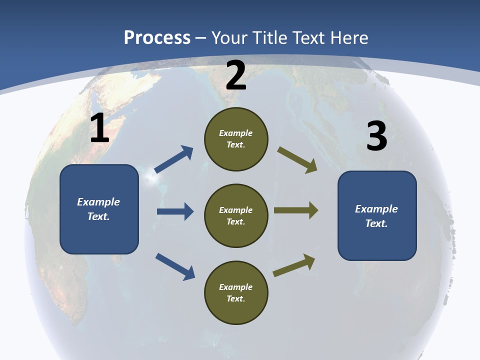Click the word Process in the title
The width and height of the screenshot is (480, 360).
click(157, 38)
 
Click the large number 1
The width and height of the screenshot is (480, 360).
click(99, 128)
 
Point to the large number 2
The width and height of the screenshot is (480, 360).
click(236, 75)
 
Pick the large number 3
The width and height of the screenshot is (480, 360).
click(376, 136)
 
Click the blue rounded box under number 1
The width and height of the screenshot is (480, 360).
click(99, 209)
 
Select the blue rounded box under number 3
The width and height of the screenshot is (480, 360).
click(377, 215)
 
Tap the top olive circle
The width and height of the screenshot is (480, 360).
click(236, 139)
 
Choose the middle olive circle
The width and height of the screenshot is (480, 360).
click(236, 215)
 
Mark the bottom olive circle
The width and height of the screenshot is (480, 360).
click(236, 292)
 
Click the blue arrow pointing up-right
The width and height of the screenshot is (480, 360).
click(174, 159)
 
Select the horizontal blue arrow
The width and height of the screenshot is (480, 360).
click(175, 211)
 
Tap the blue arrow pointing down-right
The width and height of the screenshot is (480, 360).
click(175, 266)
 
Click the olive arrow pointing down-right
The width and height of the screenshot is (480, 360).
click(297, 160)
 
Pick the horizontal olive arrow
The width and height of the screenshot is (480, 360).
click(296, 210)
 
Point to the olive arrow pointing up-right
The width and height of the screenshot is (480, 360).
click(294, 265)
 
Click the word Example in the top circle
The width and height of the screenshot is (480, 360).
click(236, 133)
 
